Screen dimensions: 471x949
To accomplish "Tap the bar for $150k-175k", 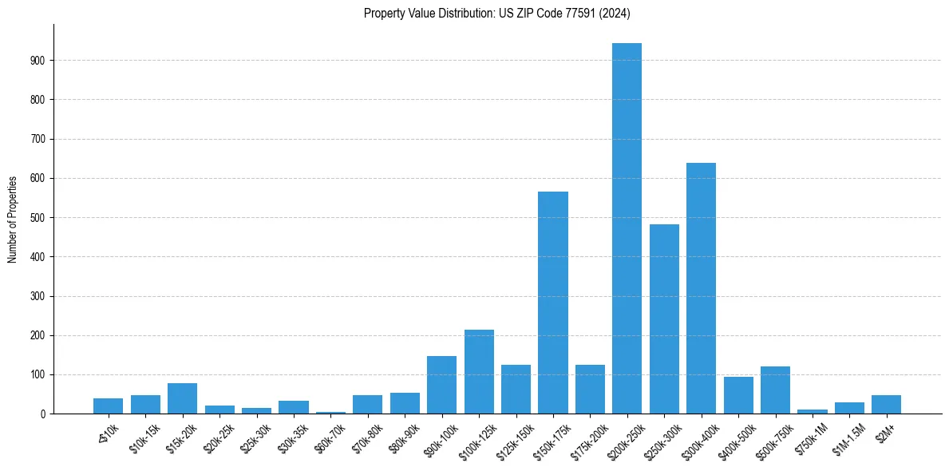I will [553, 303].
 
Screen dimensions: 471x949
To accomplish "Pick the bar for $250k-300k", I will [664, 319].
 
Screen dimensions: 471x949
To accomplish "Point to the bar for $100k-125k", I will [479, 372].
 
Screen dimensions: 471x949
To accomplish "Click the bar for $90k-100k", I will [441, 385].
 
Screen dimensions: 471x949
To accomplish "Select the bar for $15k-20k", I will [182, 398].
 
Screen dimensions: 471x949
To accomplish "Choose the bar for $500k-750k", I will [775, 390].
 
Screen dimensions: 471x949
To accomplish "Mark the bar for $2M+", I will [886, 405].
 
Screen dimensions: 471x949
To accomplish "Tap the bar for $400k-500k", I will [738, 395].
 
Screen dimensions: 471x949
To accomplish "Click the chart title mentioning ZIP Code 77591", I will [497, 14].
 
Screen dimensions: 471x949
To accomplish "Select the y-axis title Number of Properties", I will [13, 220].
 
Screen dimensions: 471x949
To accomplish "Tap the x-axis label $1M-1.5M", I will [845, 440].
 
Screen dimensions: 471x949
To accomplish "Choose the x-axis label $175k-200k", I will [585, 441].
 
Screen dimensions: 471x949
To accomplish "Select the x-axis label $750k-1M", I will [809, 439].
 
